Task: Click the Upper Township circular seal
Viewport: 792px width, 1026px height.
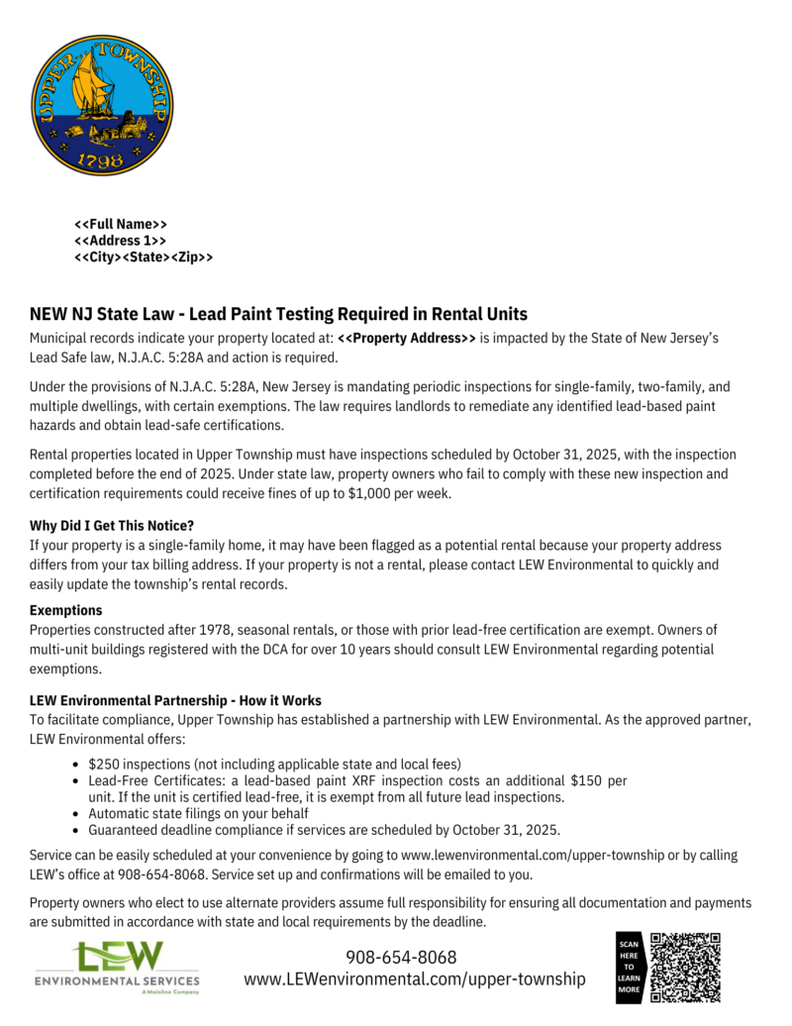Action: point(102,105)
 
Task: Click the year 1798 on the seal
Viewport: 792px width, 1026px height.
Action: point(102,159)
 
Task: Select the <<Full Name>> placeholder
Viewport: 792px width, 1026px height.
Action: point(121,225)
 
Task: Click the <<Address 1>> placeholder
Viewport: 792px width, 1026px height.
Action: point(120,241)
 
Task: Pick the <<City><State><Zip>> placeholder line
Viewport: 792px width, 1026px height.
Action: point(144,257)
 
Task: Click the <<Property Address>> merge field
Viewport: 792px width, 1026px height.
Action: point(407,339)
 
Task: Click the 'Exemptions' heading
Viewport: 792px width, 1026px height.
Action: point(66,610)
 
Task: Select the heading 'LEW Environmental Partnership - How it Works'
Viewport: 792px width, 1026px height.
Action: point(175,700)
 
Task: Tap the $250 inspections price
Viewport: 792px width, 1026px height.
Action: point(102,765)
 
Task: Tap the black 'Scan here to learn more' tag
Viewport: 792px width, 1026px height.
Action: point(630,968)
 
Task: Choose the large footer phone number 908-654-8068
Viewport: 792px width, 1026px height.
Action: point(401,958)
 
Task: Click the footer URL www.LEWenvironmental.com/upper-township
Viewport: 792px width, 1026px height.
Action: point(415,979)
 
